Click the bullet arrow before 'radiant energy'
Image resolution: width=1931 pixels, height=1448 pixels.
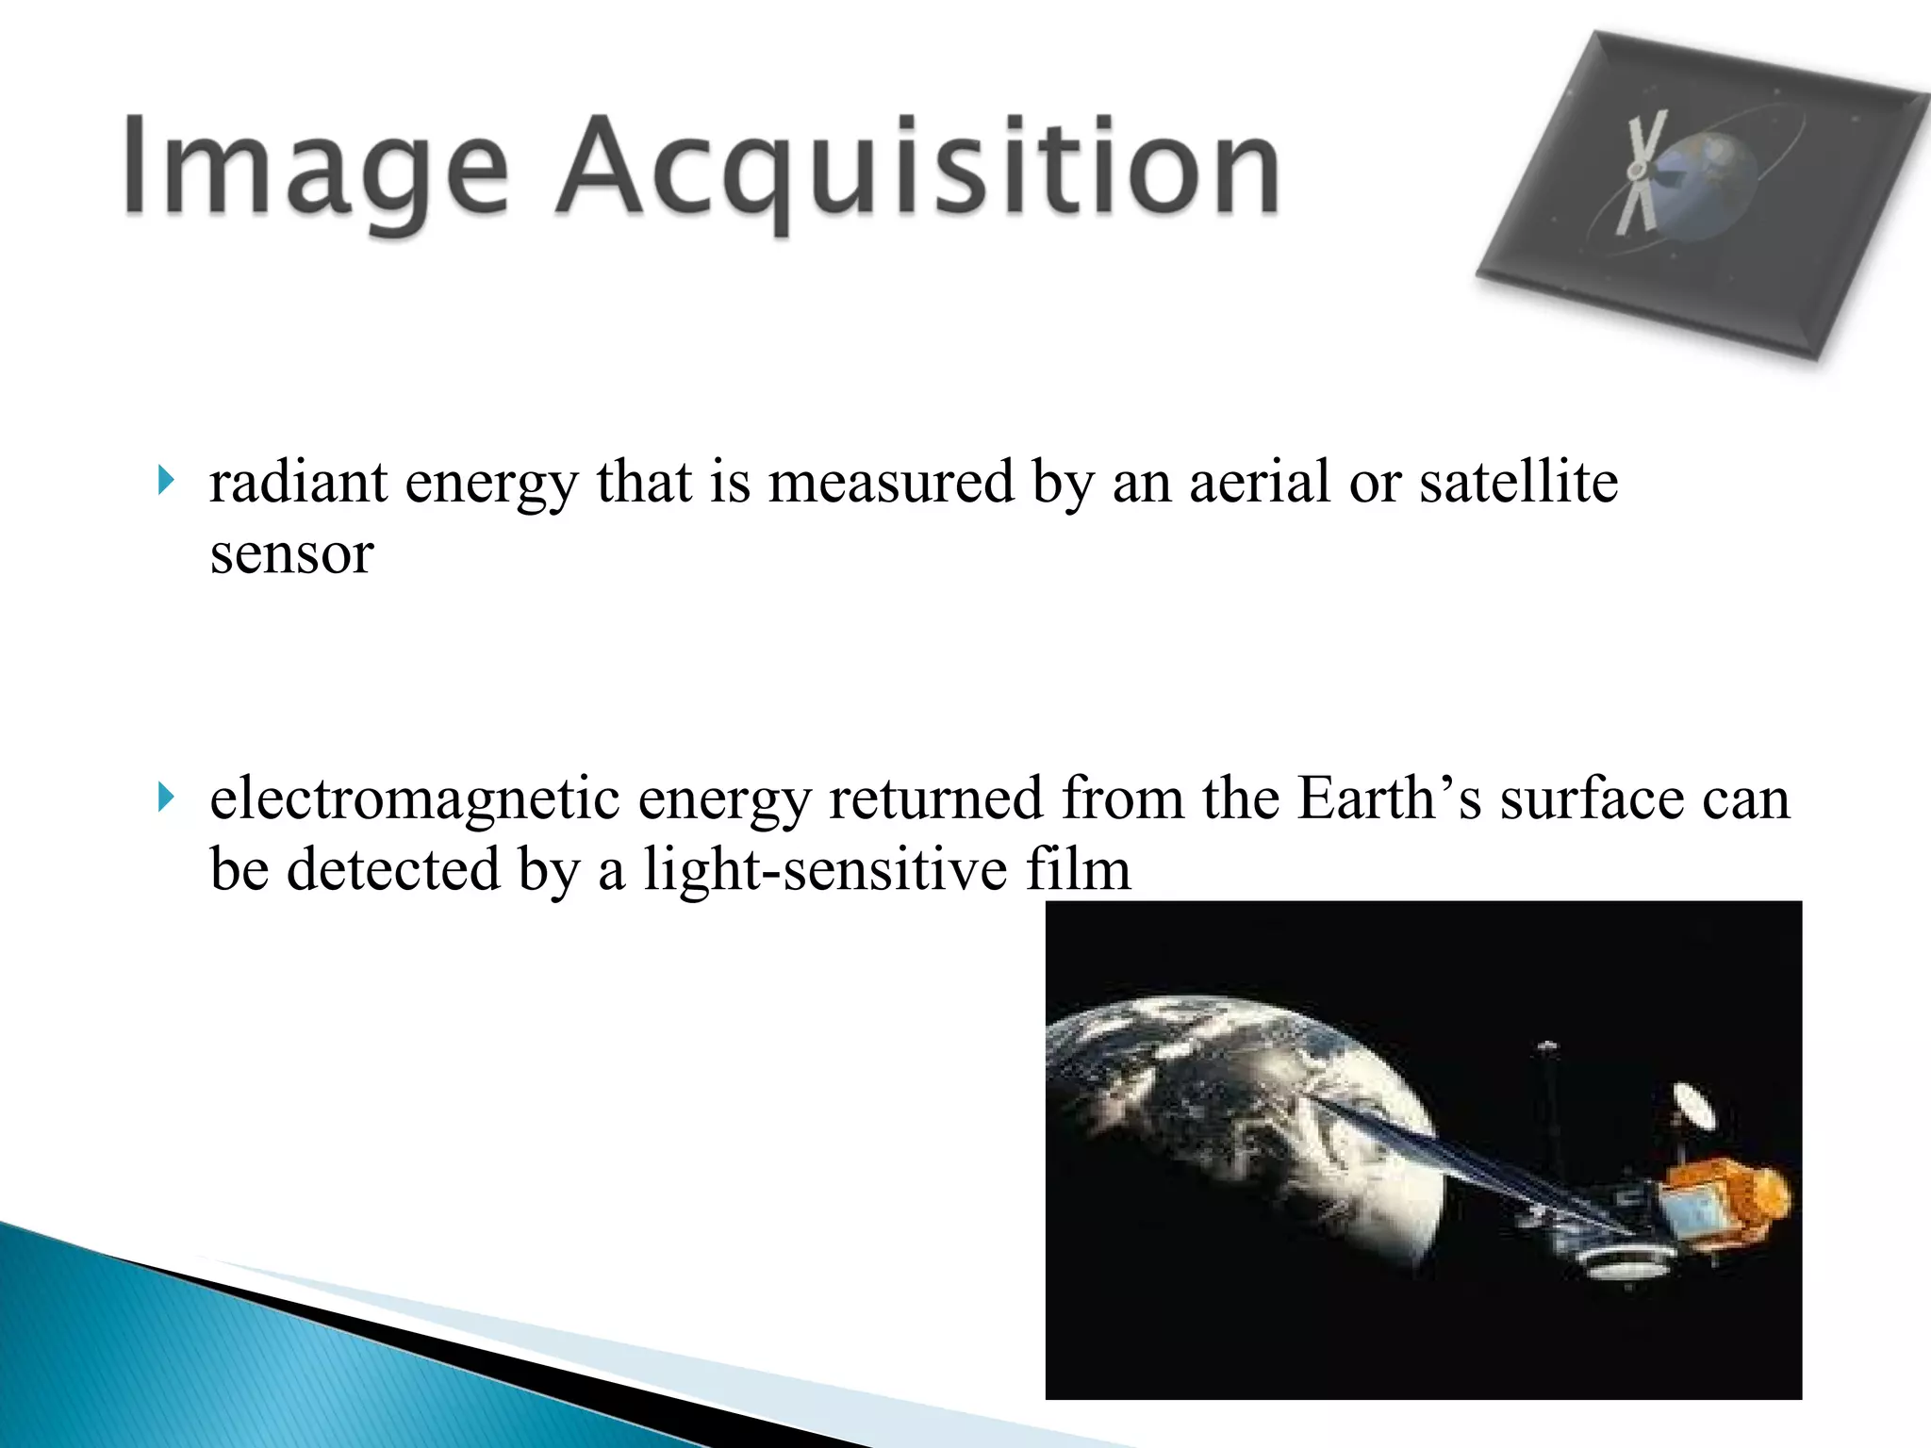167,482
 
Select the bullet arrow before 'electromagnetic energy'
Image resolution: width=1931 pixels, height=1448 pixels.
167,798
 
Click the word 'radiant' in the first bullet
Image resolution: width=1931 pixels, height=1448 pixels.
298,483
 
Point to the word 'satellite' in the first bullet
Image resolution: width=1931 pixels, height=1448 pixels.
1518,483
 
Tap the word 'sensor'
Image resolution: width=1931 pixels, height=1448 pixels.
291,553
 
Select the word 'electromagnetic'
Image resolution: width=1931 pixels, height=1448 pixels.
414,799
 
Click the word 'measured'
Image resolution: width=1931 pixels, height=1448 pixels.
891,483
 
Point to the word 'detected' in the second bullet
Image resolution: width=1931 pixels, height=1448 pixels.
393,869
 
